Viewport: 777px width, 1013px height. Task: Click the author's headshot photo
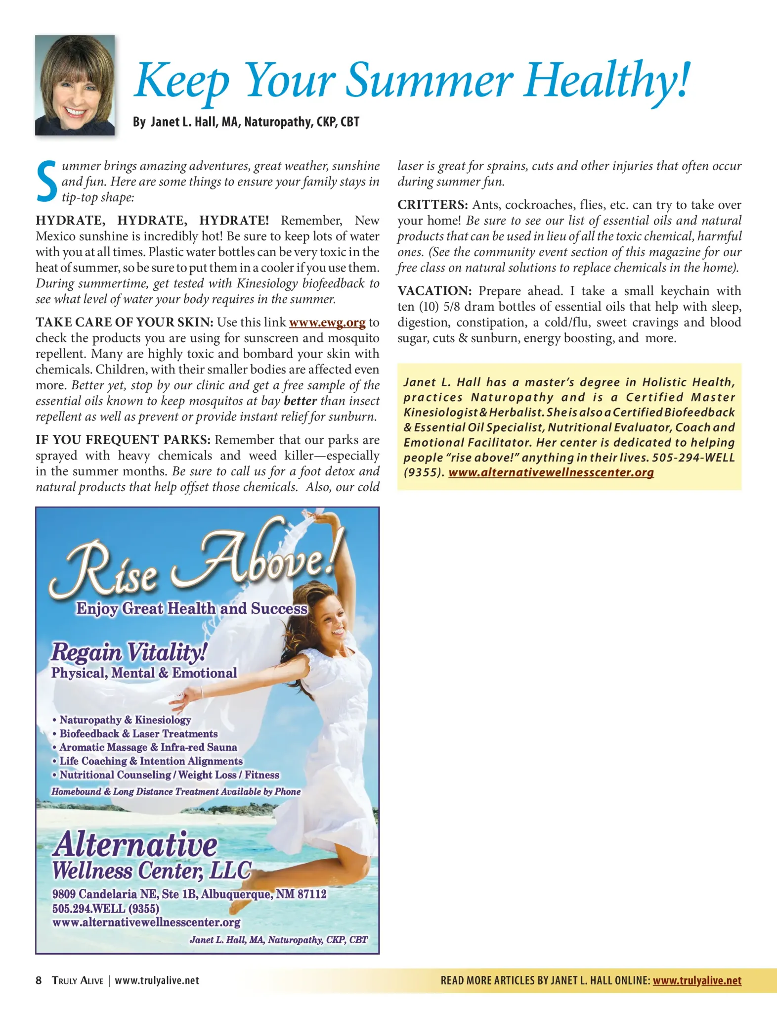(75, 85)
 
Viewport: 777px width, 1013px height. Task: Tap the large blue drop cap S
(47, 182)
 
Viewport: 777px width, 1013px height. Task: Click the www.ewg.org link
(327, 322)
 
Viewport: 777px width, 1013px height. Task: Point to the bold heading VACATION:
(435, 291)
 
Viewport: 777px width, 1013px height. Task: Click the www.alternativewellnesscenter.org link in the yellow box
(551, 472)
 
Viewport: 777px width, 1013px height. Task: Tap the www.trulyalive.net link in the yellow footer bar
(697, 980)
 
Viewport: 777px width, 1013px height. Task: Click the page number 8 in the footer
(39, 980)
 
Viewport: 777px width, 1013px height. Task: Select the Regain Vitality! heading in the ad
(129, 651)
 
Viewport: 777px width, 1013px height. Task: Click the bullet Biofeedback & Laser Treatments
(138, 734)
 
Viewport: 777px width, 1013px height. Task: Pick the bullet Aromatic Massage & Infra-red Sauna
(148, 747)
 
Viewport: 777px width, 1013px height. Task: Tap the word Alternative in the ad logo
(135, 844)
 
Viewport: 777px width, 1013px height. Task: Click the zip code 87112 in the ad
(312, 894)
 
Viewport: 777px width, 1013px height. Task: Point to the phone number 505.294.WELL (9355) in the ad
(106, 909)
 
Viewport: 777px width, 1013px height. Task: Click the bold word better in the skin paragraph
(300, 401)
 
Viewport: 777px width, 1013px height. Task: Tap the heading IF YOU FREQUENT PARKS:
(123, 440)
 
